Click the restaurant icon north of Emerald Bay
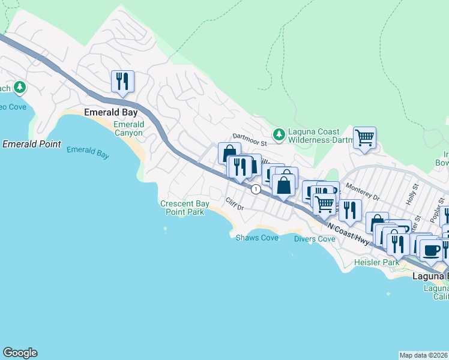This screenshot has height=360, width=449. pos(122,82)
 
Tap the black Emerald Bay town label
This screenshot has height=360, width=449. pos(110,112)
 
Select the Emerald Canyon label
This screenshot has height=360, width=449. pos(128,128)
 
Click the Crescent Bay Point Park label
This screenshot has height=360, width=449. pos(185,208)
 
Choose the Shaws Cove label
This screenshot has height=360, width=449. pos(256,238)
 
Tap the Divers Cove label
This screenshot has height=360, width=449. pos(314,239)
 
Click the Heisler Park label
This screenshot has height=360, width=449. pos(376,263)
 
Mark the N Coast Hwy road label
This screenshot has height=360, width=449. pos(349,232)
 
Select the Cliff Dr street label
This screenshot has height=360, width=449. pos(234,203)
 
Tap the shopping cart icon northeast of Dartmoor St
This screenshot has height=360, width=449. pos(364,138)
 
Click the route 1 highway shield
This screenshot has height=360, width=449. pos(256,189)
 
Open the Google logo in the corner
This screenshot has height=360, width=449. pos(20,353)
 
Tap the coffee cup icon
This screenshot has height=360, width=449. pos(430,250)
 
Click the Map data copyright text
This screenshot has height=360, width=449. pos(423,355)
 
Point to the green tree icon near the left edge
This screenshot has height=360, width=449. pos(20,88)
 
